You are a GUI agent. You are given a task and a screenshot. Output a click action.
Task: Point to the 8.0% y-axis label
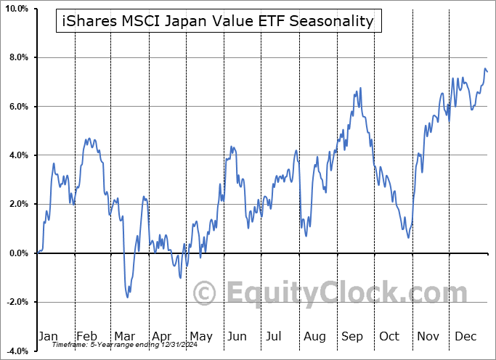[x=18, y=57]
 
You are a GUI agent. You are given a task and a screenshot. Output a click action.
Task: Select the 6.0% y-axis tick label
[x=18, y=107]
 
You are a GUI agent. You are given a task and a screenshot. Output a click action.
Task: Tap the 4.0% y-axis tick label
[x=18, y=155]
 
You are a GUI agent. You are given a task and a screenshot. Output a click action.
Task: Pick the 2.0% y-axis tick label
[x=18, y=205]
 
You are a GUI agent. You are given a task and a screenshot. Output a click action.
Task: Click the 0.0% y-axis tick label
[x=18, y=253]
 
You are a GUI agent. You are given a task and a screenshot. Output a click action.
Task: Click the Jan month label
[x=48, y=336]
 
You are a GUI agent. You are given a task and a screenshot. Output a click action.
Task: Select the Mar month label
[x=125, y=336]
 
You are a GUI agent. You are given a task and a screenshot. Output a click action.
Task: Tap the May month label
[x=200, y=336]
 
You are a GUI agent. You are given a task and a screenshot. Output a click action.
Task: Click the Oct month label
[x=390, y=336]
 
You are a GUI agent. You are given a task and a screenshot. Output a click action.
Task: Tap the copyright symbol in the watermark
[x=205, y=293]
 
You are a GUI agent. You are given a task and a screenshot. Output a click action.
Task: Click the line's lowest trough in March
[x=128, y=297]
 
